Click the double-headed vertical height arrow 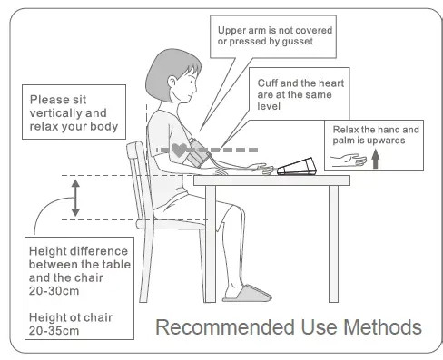click(76, 197)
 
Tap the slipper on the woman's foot click(246, 293)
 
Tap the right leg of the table click(332, 240)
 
